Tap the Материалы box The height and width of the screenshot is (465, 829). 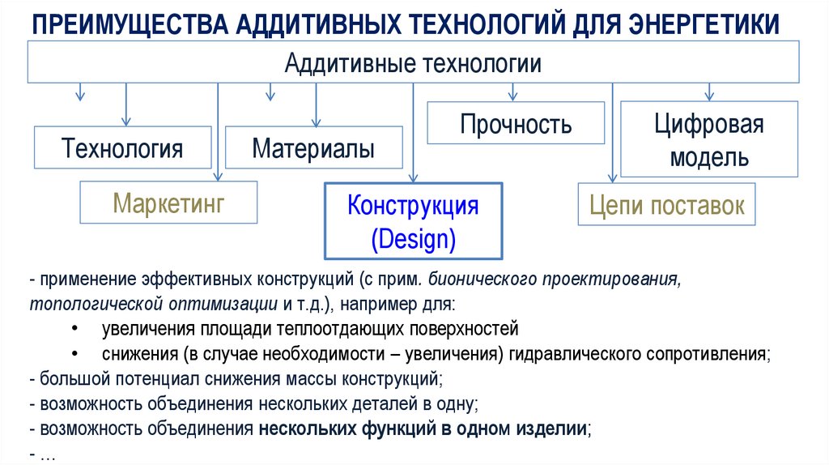coord(313,148)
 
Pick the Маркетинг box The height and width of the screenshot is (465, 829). coord(168,202)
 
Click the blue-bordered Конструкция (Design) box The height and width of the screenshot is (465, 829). coord(413,220)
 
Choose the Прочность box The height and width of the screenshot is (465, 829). coord(516,124)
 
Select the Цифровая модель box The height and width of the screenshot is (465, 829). coord(709,140)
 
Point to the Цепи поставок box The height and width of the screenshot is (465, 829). coord(667,205)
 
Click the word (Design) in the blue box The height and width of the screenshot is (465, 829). coord(413,239)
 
